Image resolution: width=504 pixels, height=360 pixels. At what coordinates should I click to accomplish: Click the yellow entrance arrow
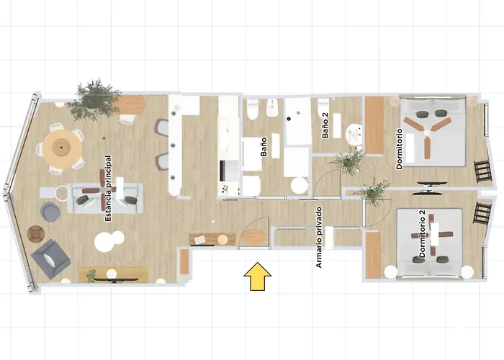point(257,276)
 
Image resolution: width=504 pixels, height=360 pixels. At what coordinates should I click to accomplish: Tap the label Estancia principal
point(108,189)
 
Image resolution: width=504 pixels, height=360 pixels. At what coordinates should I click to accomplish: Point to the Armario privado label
point(319,237)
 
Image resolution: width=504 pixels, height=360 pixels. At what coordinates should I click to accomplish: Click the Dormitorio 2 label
point(422,234)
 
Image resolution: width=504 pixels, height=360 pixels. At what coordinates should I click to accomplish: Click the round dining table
point(62,148)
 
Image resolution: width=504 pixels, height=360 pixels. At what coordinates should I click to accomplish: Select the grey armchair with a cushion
point(50,258)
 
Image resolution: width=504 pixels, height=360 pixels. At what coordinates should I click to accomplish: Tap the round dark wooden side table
point(35,233)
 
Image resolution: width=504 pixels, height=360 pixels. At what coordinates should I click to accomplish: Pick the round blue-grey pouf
point(50,211)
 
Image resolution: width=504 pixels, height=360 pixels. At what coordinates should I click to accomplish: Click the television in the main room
point(114,280)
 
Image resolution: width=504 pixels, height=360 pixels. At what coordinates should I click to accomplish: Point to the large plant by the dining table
point(94,99)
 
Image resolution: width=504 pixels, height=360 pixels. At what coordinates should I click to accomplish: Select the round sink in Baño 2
point(354,133)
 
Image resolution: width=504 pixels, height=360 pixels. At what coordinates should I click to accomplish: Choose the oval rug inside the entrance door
point(254,237)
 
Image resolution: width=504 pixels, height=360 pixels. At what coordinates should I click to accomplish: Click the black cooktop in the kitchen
point(222,171)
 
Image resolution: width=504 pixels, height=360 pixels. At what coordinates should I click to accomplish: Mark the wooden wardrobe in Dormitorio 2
point(373,255)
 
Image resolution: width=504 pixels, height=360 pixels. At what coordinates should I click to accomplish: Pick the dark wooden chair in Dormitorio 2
point(482,212)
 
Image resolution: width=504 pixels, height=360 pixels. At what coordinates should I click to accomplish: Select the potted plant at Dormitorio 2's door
point(373,192)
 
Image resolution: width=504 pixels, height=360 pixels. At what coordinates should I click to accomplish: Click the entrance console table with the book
point(212,239)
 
